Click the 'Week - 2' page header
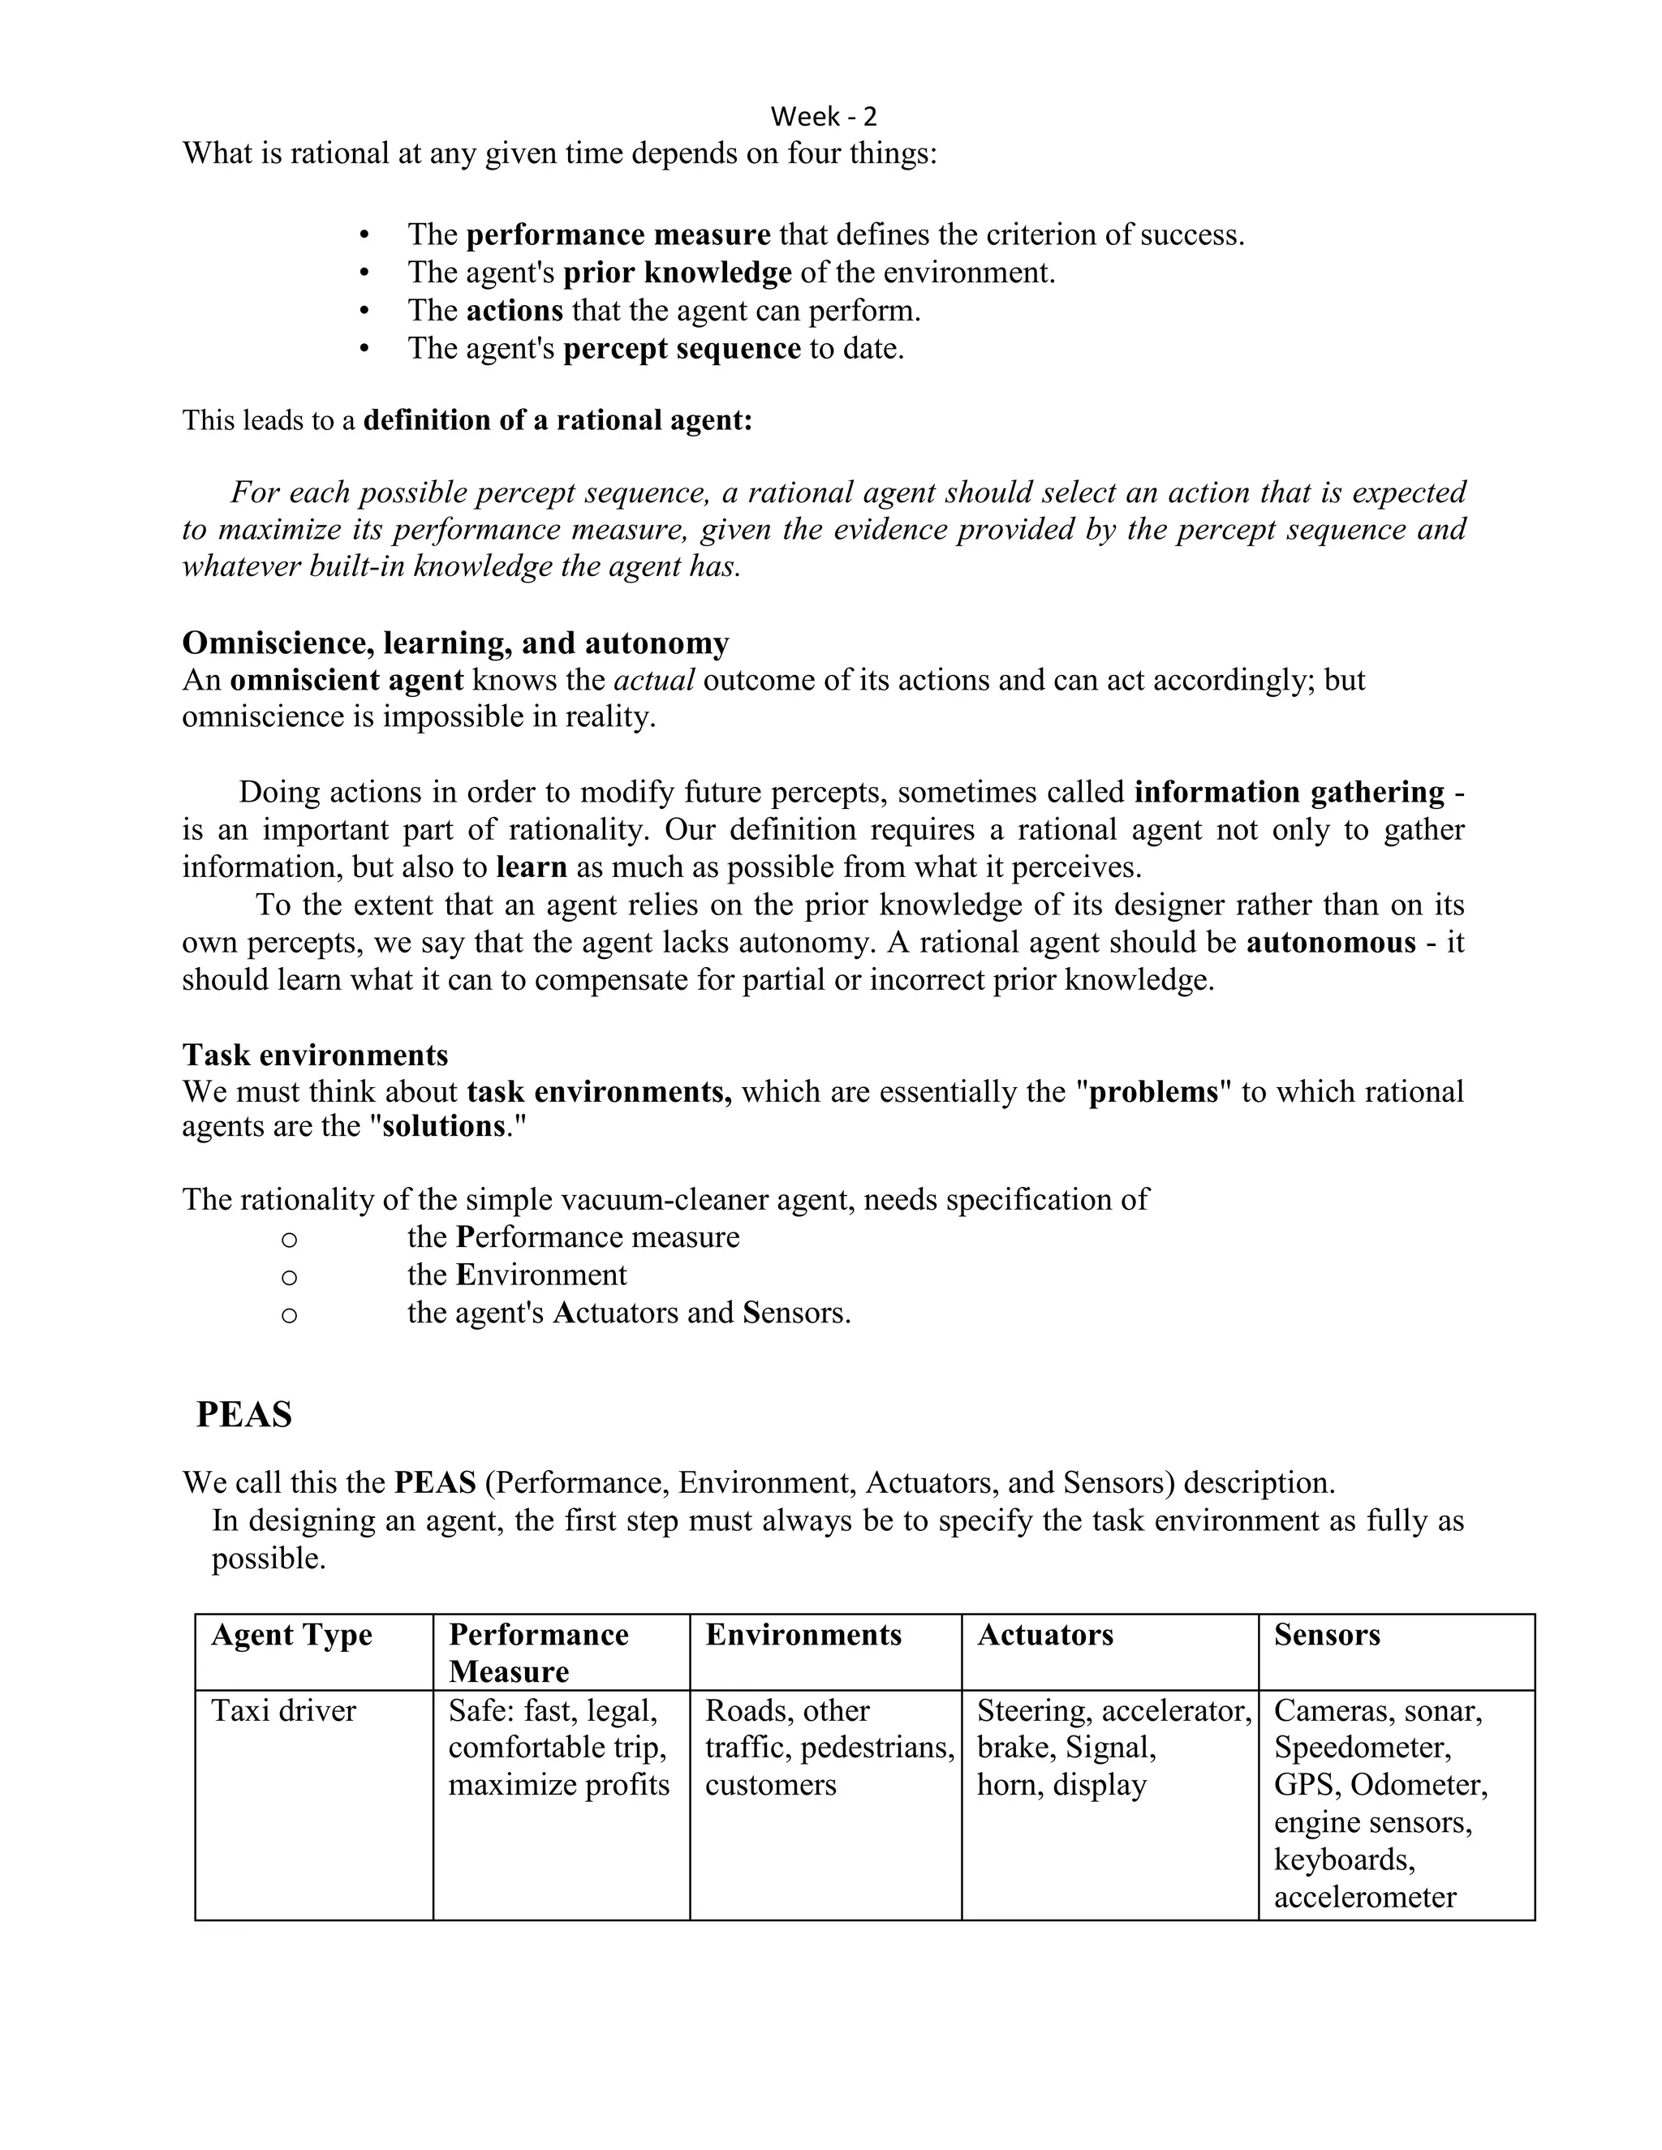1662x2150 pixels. (823, 117)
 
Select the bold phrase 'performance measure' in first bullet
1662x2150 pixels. (618, 235)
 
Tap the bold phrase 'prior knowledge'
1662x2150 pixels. (678, 273)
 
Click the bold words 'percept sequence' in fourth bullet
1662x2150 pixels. (682, 349)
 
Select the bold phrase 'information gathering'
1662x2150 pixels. (1289, 793)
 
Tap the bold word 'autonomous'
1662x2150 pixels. (1330, 943)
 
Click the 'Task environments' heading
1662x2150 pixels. (315, 1056)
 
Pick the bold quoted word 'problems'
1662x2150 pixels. (1153, 1093)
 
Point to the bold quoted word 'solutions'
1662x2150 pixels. (443, 1126)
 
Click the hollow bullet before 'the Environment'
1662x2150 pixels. (288, 1278)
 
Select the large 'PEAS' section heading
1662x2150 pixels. (244, 1415)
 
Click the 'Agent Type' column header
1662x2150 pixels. (291, 1635)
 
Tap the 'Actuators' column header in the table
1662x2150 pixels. (1044, 1635)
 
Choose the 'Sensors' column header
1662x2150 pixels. (1326, 1635)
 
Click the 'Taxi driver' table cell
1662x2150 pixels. (283, 1711)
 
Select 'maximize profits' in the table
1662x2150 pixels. (558, 1785)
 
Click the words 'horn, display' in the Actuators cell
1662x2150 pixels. (1061, 1785)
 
